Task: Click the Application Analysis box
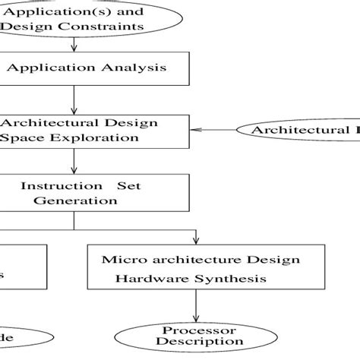91,68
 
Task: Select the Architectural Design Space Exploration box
91,131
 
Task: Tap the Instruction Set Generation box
91,193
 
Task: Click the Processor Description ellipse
195,336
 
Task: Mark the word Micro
117,260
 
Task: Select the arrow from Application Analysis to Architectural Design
74,100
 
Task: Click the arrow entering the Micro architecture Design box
196,236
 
